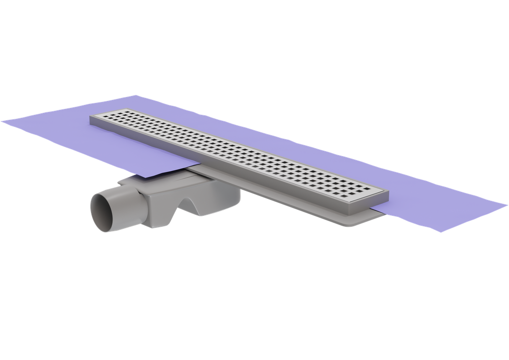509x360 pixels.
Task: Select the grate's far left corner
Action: [90, 115]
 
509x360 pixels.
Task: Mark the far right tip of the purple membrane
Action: [507, 204]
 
